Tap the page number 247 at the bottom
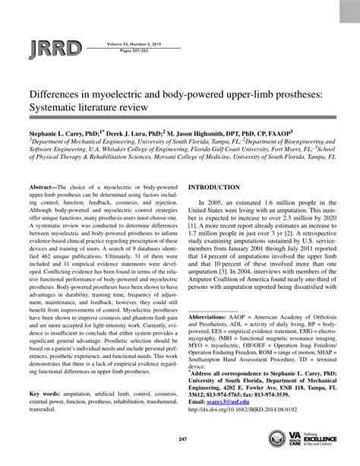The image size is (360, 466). (x=180, y=441)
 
